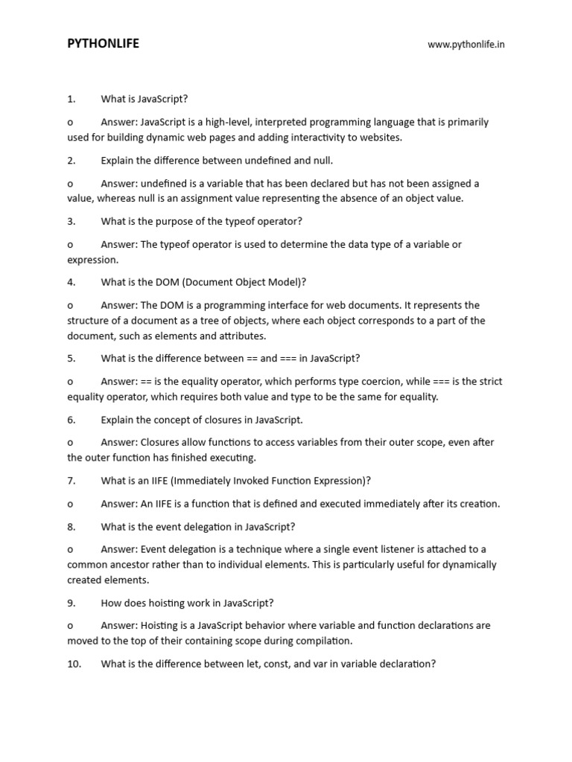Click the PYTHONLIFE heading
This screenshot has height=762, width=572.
103,44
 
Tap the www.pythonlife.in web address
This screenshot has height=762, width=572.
466,45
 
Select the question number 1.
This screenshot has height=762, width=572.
71,99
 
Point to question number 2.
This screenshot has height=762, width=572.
71,160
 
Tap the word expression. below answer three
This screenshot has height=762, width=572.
92,260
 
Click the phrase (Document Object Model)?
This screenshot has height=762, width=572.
243,282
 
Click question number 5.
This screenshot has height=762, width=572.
71,358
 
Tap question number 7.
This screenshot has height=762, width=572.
71,481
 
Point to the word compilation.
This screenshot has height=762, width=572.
324,641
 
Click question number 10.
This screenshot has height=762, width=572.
74,664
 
